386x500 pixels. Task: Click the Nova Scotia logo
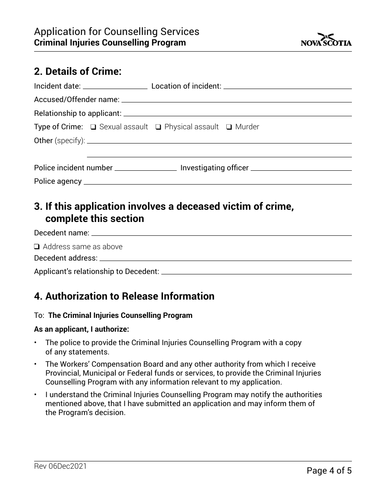(326, 40)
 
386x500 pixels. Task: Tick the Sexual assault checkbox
(93, 127)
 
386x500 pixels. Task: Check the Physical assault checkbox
(158, 127)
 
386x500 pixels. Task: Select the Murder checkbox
(229, 127)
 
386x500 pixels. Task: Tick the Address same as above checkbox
(37, 247)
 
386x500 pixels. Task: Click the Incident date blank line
(115, 87)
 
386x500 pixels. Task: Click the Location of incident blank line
(287, 87)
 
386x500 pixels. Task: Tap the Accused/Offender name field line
(236, 100)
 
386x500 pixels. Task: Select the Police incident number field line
(146, 168)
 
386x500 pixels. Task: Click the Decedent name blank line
(221, 233)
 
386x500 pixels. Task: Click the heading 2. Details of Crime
(78, 72)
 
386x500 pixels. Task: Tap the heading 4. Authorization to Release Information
(124, 296)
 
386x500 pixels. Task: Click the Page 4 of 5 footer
(329, 471)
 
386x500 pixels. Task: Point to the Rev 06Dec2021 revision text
(60, 467)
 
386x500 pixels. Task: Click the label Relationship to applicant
(78, 113)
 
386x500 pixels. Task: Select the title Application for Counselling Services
(117, 32)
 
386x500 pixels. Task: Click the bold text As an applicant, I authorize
(82, 329)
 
